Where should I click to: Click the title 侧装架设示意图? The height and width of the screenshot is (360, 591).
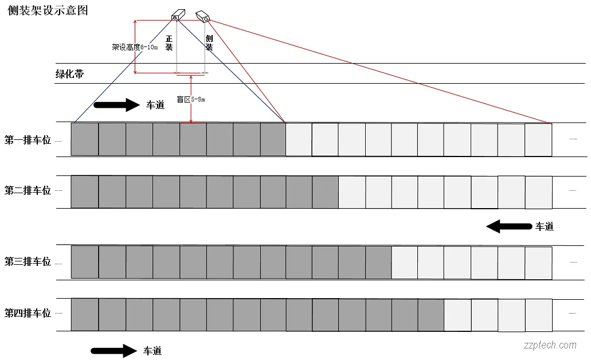pyautogui.click(x=48, y=11)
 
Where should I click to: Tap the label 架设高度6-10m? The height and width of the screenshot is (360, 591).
pyautogui.click(x=135, y=47)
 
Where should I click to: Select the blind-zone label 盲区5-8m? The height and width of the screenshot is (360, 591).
pyautogui.click(x=190, y=99)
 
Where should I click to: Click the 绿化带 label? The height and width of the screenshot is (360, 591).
pyautogui.click(x=69, y=74)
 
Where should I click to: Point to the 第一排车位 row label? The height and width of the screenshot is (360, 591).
pyautogui.click(x=28, y=139)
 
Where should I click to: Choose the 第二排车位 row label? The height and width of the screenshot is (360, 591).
pyautogui.click(x=28, y=190)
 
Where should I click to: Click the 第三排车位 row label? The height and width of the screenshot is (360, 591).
pyautogui.click(x=28, y=261)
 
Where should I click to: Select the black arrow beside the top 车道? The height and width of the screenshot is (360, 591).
pyautogui.click(x=116, y=104)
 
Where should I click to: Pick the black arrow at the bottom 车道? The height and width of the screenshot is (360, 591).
pyautogui.click(x=113, y=350)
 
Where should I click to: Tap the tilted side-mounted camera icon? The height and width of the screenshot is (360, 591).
pyautogui.click(x=202, y=16)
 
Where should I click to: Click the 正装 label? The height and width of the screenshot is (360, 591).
pyautogui.click(x=169, y=43)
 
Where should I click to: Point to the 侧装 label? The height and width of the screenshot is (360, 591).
pyautogui.click(x=209, y=43)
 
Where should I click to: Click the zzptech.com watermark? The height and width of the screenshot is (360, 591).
pyautogui.click(x=550, y=345)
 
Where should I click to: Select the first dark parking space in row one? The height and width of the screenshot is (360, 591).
pyautogui.click(x=85, y=139)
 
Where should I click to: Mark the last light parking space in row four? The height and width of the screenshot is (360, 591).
pyautogui.click(x=538, y=315)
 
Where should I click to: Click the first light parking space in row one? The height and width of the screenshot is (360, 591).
pyautogui.click(x=299, y=139)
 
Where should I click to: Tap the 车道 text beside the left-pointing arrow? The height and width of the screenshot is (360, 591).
pyautogui.click(x=544, y=226)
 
